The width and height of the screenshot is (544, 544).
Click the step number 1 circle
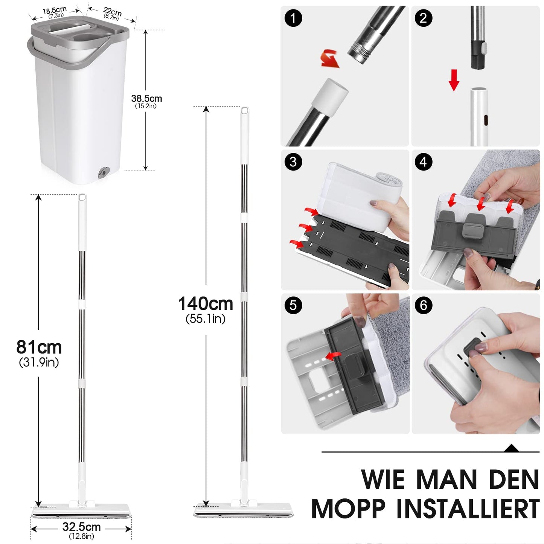pyautogui.click(x=293, y=18)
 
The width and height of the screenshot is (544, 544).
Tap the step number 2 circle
pyautogui.click(x=423, y=18)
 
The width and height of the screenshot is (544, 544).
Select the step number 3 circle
pyautogui.click(x=293, y=162)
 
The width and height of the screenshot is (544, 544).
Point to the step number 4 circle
pyautogui.click(x=423, y=162)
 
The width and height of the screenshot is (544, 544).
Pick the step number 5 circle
pyautogui.click(x=293, y=305)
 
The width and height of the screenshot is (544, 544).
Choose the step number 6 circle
pyautogui.click(x=423, y=305)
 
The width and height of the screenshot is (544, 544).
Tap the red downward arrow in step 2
pyautogui.click(x=454, y=79)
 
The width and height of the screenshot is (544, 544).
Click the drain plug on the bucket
pyautogui.click(x=102, y=172)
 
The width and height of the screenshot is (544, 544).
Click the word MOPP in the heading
pyautogui.click(x=348, y=509)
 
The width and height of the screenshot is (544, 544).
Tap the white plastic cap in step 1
pyautogui.click(x=330, y=93)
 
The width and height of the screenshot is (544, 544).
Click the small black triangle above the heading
pyautogui.click(x=512, y=448)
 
